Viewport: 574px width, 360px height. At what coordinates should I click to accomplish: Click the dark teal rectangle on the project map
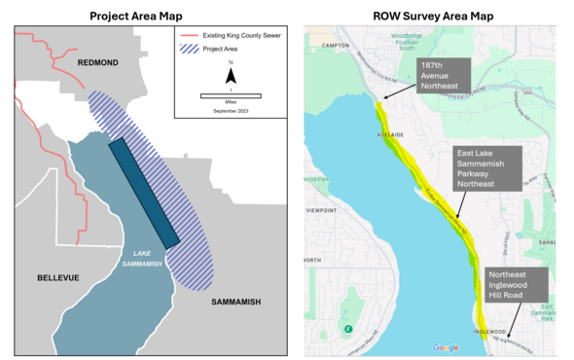point(144,193)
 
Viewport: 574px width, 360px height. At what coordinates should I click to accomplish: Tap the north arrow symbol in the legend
point(231,73)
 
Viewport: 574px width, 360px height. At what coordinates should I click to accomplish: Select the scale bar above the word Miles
point(231,95)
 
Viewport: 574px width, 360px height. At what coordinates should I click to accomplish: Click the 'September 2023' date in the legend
point(231,112)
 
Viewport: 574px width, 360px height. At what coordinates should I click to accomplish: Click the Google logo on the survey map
point(446,347)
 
